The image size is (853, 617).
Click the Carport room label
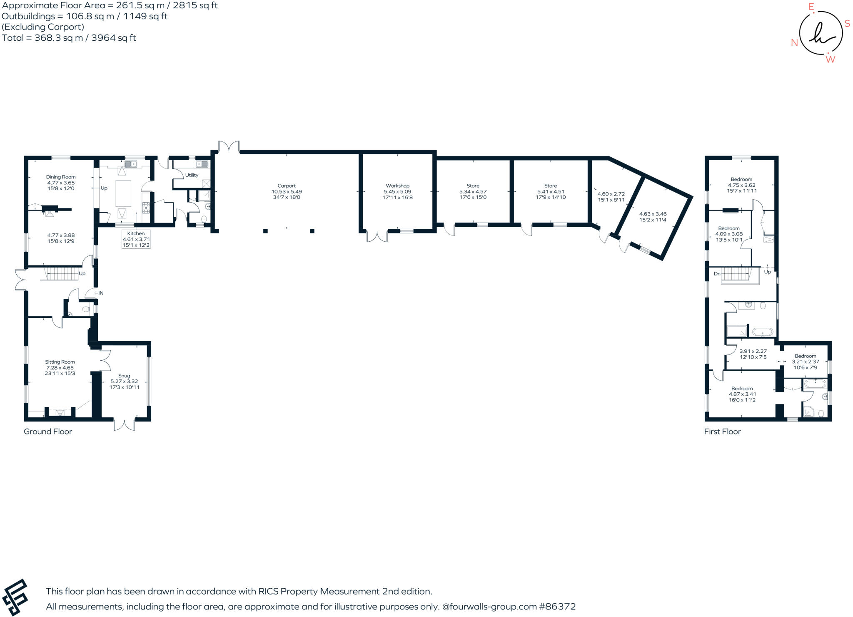point(287,186)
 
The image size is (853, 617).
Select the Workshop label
point(397,186)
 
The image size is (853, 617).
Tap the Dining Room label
point(61,177)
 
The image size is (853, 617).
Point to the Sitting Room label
point(60,362)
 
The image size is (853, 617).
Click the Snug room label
point(124,376)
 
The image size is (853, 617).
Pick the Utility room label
point(192,175)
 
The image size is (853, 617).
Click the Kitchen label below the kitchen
point(136,233)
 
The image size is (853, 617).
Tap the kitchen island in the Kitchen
point(123,193)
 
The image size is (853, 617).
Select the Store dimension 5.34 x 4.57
point(473,192)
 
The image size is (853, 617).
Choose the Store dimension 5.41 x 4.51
point(551,192)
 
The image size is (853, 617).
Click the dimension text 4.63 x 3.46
point(653,214)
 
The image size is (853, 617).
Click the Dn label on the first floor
point(717,274)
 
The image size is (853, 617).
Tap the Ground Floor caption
point(48,432)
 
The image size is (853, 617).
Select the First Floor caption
point(723,432)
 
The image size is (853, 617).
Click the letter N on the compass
point(794,43)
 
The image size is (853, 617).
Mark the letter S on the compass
point(847,24)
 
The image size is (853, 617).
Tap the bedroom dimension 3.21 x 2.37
point(806,362)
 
